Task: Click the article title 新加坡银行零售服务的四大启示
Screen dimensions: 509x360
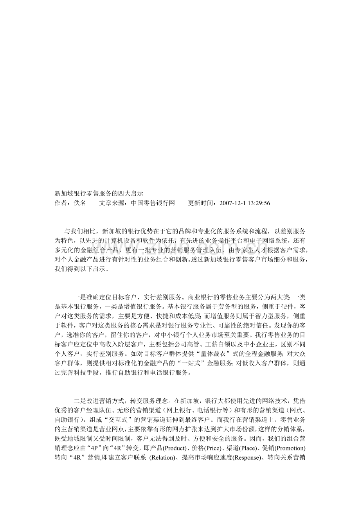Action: click(x=99, y=193)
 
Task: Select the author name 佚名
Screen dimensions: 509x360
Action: click(x=80, y=203)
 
